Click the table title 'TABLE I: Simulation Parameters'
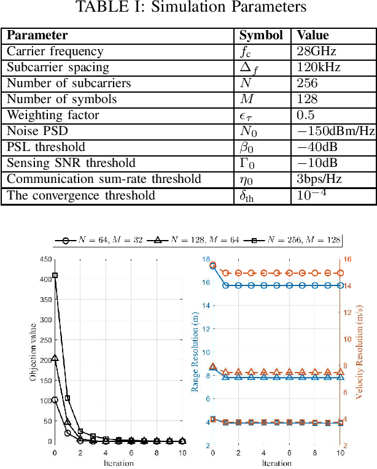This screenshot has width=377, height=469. tap(190, 8)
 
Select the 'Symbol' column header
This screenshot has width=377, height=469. tap(260, 36)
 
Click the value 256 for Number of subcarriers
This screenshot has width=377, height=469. tap(306, 83)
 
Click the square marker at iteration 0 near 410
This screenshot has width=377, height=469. tap(55, 276)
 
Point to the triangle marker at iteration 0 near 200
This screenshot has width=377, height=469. tap(55, 358)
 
